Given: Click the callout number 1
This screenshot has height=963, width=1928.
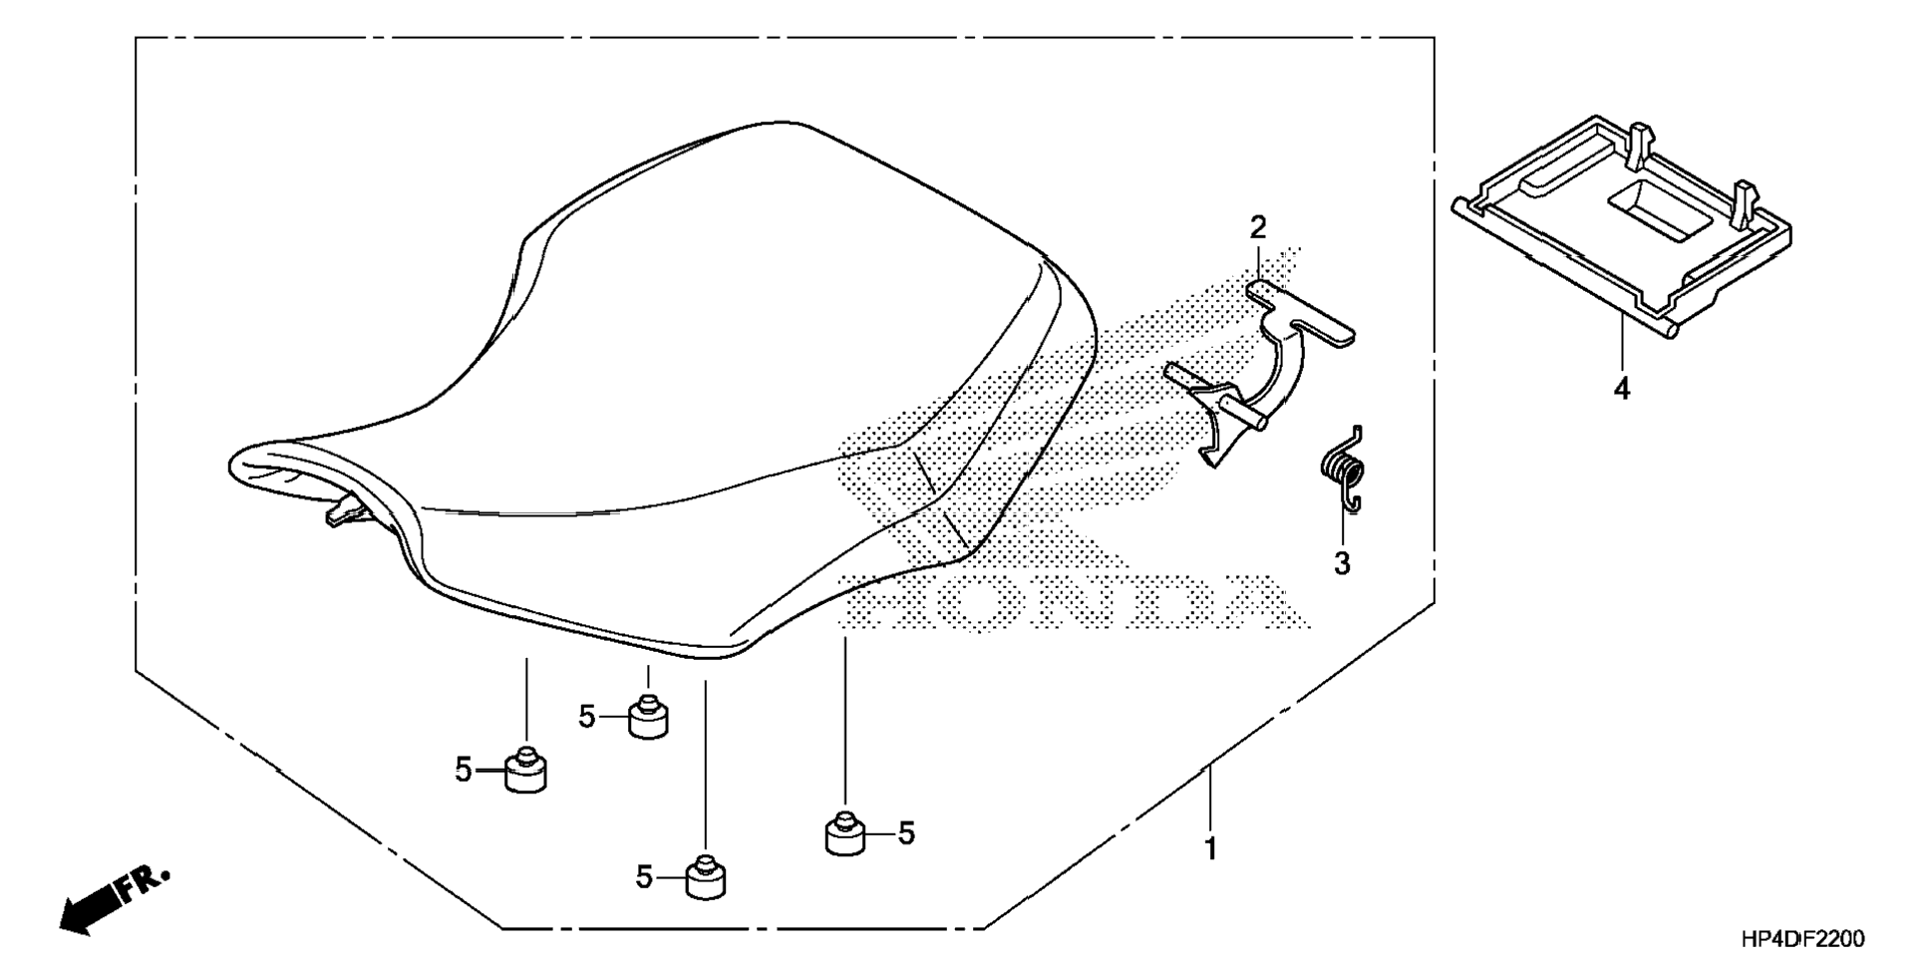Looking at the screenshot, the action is pos(1210,849).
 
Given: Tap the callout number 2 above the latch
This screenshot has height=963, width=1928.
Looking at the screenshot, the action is pos(1258,228).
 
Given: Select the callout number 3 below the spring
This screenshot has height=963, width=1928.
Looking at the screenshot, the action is pos(1342,563).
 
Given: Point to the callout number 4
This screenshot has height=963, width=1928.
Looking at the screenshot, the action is pos(1622,389).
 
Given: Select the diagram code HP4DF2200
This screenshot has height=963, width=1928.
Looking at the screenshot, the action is pos(1801,938).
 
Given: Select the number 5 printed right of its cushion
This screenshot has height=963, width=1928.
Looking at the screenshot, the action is pos(905,833).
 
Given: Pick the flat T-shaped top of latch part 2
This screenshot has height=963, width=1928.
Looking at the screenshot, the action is pos(1301,314).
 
